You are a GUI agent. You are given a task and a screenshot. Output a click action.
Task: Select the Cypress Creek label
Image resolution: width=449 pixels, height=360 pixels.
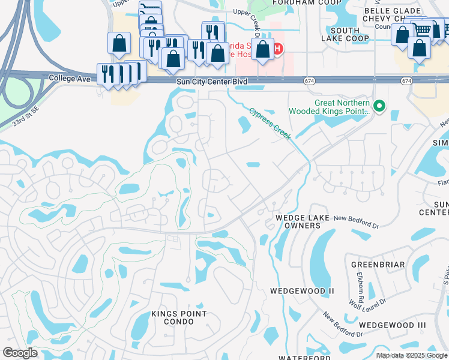click(x=270, y=124)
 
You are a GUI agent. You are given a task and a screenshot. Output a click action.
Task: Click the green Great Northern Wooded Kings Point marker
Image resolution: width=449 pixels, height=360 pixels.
click(x=379, y=107)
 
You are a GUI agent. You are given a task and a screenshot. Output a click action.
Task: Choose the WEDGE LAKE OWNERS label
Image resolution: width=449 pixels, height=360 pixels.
click(x=298, y=221)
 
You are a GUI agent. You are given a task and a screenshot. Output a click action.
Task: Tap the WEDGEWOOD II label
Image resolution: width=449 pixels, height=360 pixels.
click(x=301, y=291)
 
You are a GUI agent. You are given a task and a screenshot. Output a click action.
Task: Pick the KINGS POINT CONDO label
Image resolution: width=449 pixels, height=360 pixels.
click(x=179, y=317)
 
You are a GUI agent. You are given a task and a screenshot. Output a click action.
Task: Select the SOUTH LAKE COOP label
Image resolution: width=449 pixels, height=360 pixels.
click(x=349, y=34)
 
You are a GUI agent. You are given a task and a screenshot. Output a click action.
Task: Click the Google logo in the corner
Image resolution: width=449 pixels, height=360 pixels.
click(x=20, y=353)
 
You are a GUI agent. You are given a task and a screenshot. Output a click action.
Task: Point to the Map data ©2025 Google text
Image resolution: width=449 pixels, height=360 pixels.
click(x=412, y=356)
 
